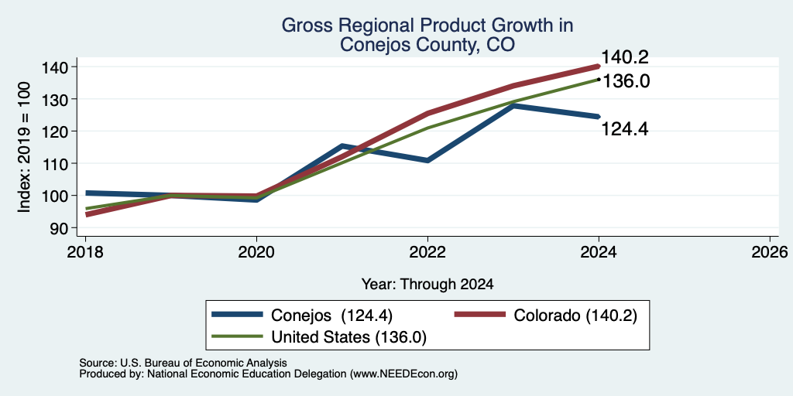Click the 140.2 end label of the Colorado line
pyautogui.click(x=625, y=57)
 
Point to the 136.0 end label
pyautogui.click(x=626, y=81)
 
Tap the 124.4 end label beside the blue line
pyautogui.click(x=625, y=129)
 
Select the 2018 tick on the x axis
pyautogui.click(x=85, y=251)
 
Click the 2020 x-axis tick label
pyautogui.click(x=256, y=251)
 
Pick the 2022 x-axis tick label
pyautogui.click(x=427, y=251)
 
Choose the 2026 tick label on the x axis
pyautogui.click(x=770, y=251)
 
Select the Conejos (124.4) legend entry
pyautogui.click(x=303, y=315)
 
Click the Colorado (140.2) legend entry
pyautogui.click(x=545, y=315)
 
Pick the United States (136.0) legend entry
pyautogui.click(x=320, y=336)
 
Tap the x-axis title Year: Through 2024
pyautogui.click(x=427, y=285)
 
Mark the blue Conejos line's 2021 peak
pyautogui.click(x=342, y=146)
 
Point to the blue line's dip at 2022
pyautogui.click(x=427, y=161)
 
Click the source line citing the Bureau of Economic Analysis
pyautogui.click(x=183, y=363)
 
